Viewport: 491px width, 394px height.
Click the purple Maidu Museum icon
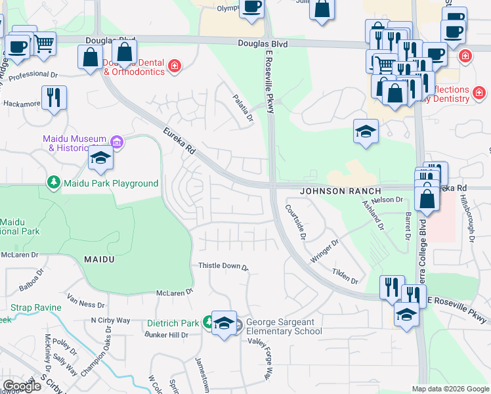point(117,141)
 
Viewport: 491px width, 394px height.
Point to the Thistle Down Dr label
point(224,267)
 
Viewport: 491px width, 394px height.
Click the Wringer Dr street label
point(324,252)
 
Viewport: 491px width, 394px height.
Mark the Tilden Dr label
point(345,276)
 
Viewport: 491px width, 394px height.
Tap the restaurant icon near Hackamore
point(52,97)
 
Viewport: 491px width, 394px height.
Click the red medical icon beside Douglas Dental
point(175,65)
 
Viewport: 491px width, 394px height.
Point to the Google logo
point(22,385)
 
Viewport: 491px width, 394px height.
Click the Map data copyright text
point(450,389)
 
